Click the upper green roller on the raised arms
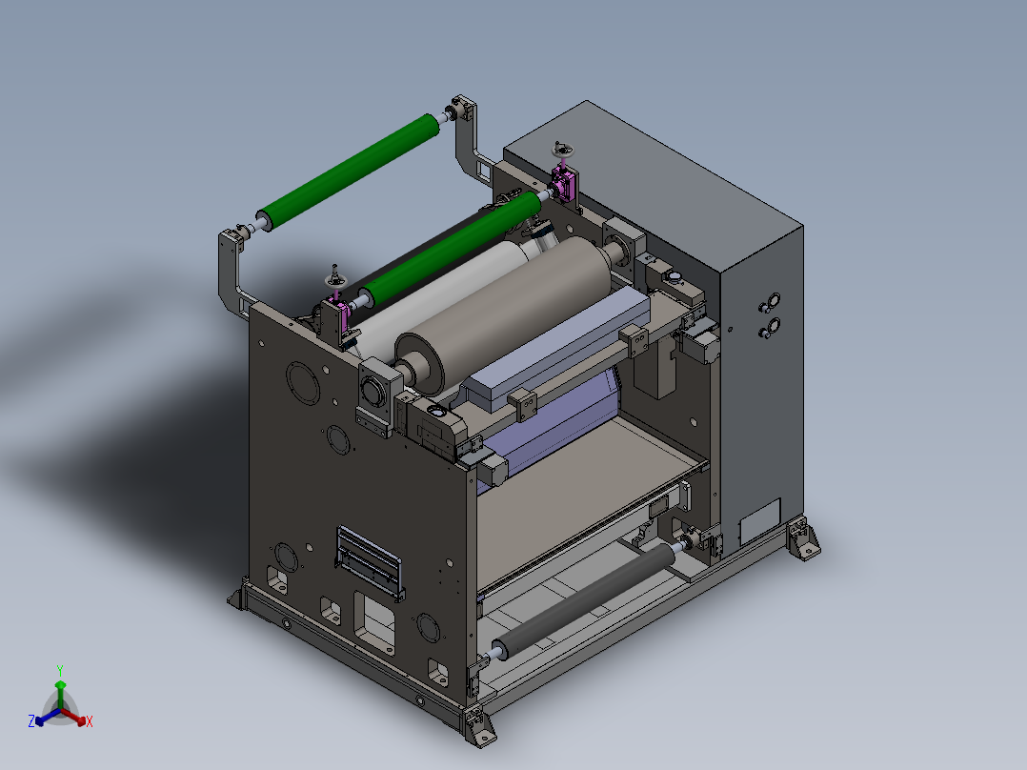[x=348, y=172]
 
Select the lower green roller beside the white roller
[x=451, y=249]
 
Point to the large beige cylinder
[x=504, y=314]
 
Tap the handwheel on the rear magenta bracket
[x=562, y=150]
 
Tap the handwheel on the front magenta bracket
[x=336, y=280]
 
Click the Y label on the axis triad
[x=60, y=670]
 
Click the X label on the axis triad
[x=90, y=721]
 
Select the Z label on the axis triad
[x=31, y=721]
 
